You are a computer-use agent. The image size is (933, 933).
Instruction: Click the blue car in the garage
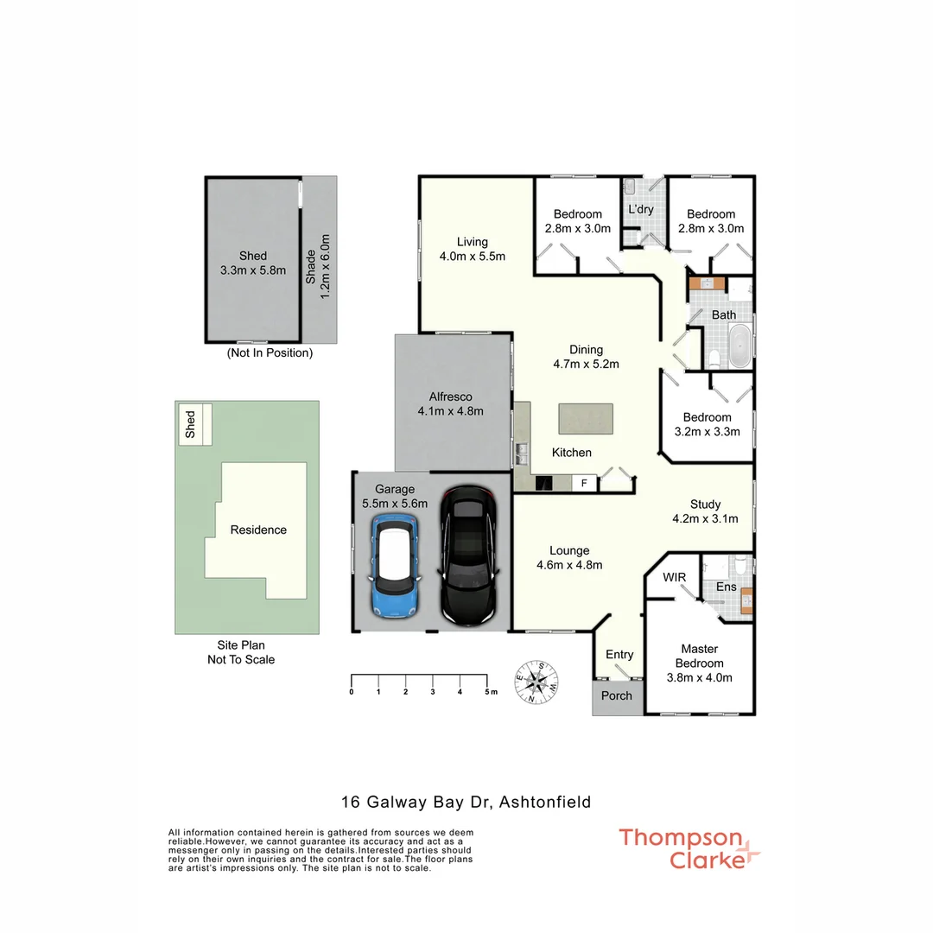(395, 567)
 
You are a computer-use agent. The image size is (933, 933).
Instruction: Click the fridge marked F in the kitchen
(584, 483)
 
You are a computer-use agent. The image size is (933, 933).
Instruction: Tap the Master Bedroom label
(700, 663)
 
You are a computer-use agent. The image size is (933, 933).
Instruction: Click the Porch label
(616, 695)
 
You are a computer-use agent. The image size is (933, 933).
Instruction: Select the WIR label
(674, 576)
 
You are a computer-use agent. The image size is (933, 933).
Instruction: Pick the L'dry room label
(640, 209)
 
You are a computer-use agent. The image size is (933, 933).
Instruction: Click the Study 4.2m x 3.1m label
(705, 511)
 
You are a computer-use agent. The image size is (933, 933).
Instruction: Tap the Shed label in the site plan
(190, 423)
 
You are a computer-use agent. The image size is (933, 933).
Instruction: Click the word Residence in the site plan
(258, 530)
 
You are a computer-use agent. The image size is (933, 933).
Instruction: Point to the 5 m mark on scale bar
(490, 692)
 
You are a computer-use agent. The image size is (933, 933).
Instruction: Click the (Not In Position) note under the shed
(270, 352)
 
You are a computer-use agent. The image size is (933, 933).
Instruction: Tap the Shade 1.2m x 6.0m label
(319, 258)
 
